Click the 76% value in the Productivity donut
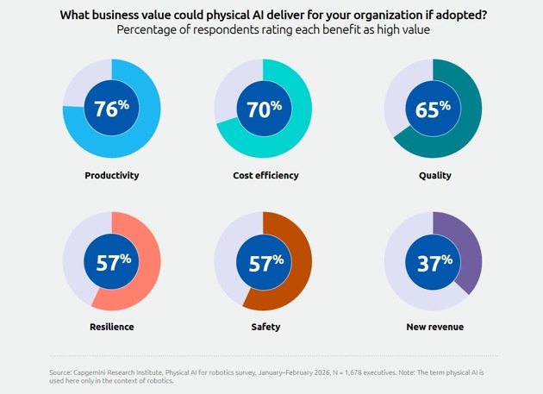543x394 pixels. pos(111,109)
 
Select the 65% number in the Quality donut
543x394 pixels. pos(433,109)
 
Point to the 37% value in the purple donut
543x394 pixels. pos(433,260)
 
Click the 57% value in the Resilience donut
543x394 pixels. pos(111,260)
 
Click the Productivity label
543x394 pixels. pos(111,175)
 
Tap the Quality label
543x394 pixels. pos(433,175)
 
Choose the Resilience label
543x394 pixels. pos(111,327)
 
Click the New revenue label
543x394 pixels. pos(433,327)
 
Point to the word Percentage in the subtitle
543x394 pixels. pos(151,30)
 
